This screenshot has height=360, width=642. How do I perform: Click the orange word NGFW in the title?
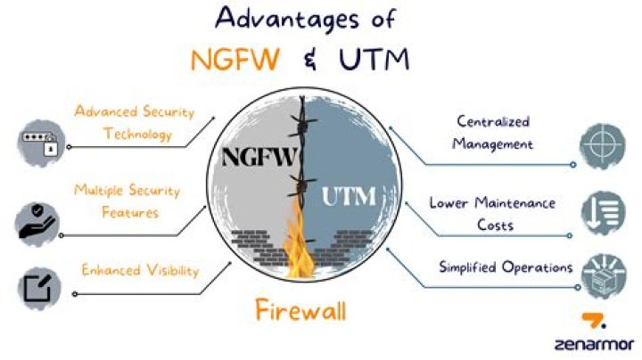pos(235,60)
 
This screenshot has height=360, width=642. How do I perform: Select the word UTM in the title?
pos(374,60)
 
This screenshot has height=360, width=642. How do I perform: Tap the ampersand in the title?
pos(311,60)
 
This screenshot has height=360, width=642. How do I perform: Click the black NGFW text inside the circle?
pos(259,157)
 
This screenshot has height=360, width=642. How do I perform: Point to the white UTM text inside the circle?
pos(349,196)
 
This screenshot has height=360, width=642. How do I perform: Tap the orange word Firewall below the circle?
pos(301,310)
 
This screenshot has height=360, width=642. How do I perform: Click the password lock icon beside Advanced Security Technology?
pos(41,143)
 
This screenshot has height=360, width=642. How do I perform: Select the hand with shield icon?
pos(37,224)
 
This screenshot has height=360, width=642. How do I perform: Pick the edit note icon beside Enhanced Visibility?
pos(39,289)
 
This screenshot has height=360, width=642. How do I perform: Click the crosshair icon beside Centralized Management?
pos(602,145)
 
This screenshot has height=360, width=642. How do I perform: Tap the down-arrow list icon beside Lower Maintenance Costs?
pos(603,213)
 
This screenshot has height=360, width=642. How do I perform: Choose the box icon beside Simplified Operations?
pos(604,276)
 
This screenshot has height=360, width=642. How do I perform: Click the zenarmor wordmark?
pos(594,344)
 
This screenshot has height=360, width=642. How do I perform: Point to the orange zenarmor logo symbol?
pos(594,320)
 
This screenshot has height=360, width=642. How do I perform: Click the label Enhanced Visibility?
pos(140,270)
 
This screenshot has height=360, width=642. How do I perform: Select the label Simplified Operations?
pos(506,267)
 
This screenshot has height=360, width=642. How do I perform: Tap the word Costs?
pos(495,225)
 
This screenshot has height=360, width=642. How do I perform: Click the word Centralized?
pos(493,121)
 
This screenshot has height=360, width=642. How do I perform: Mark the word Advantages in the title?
pos(287,20)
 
